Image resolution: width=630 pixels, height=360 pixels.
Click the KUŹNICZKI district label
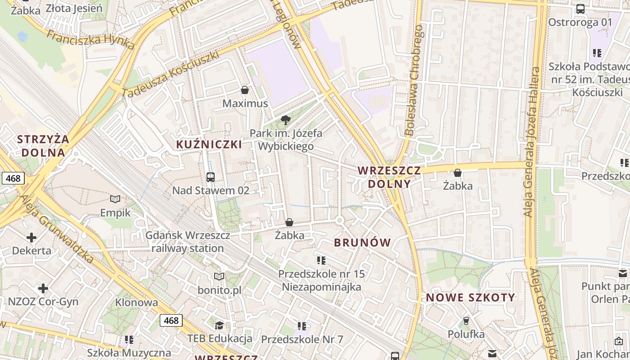coord(209,144)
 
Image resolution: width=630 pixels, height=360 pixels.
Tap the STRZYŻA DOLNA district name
coord(43,145)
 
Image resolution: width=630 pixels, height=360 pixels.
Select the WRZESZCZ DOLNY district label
coord(389,177)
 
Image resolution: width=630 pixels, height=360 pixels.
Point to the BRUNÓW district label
coord(363,243)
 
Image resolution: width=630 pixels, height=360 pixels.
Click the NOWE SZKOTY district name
coord(470,297)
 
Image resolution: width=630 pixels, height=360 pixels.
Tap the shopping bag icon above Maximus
coord(245,90)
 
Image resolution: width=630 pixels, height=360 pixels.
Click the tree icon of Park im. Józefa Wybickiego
coord(285,120)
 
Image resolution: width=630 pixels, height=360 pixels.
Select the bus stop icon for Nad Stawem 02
coord(211,177)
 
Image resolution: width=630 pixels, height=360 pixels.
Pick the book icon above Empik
coord(115,199)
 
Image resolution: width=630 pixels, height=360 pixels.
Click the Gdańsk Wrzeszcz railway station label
coord(188,242)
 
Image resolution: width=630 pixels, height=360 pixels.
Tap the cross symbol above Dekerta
coord(31,237)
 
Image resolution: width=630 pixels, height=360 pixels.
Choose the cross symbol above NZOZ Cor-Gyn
coord(43,288)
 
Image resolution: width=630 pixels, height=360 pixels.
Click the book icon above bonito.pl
coord(219,276)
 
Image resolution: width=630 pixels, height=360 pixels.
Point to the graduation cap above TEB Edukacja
coord(219,325)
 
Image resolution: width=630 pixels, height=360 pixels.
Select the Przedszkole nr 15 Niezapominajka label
coord(321,280)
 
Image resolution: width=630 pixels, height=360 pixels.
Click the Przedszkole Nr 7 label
coord(302,339)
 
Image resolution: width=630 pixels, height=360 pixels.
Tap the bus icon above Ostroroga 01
coord(580,9)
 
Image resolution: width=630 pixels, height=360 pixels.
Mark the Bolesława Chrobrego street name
coord(414,80)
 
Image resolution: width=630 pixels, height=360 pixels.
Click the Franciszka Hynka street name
coord(90,40)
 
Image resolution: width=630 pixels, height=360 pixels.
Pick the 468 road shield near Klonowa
coord(171,320)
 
